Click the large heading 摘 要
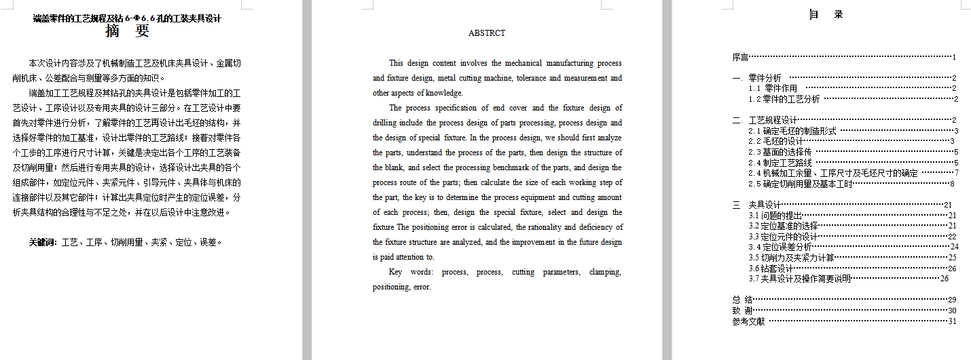click(x=128, y=31)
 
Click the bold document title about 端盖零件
click(x=127, y=18)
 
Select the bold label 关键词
click(x=42, y=242)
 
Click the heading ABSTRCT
click(x=487, y=33)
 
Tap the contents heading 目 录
click(x=826, y=14)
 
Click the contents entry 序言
click(x=740, y=58)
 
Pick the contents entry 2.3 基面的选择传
click(x=780, y=152)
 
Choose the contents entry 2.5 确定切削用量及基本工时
click(x=801, y=184)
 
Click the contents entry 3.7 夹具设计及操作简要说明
click(x=800, y=279)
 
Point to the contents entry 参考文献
click(x=748, y=321)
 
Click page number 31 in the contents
click(x=952, y=321)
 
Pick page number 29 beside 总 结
click(x=952, y=300)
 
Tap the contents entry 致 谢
click(x=742, y=311)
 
